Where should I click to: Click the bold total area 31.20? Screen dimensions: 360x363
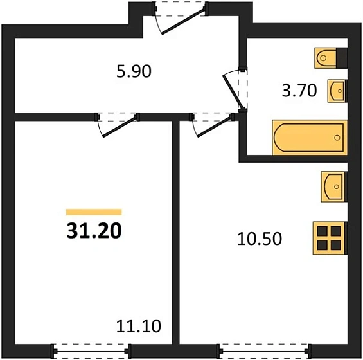pyautogui.click(x=94, y=230)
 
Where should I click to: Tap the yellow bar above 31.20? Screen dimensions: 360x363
pyautogui.click(x=94, y=212)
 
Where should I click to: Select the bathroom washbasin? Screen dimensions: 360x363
pyautogui.click(x=337, y=91)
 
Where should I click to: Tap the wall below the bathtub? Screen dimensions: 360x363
pyautogui.click(x=296, y=157)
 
